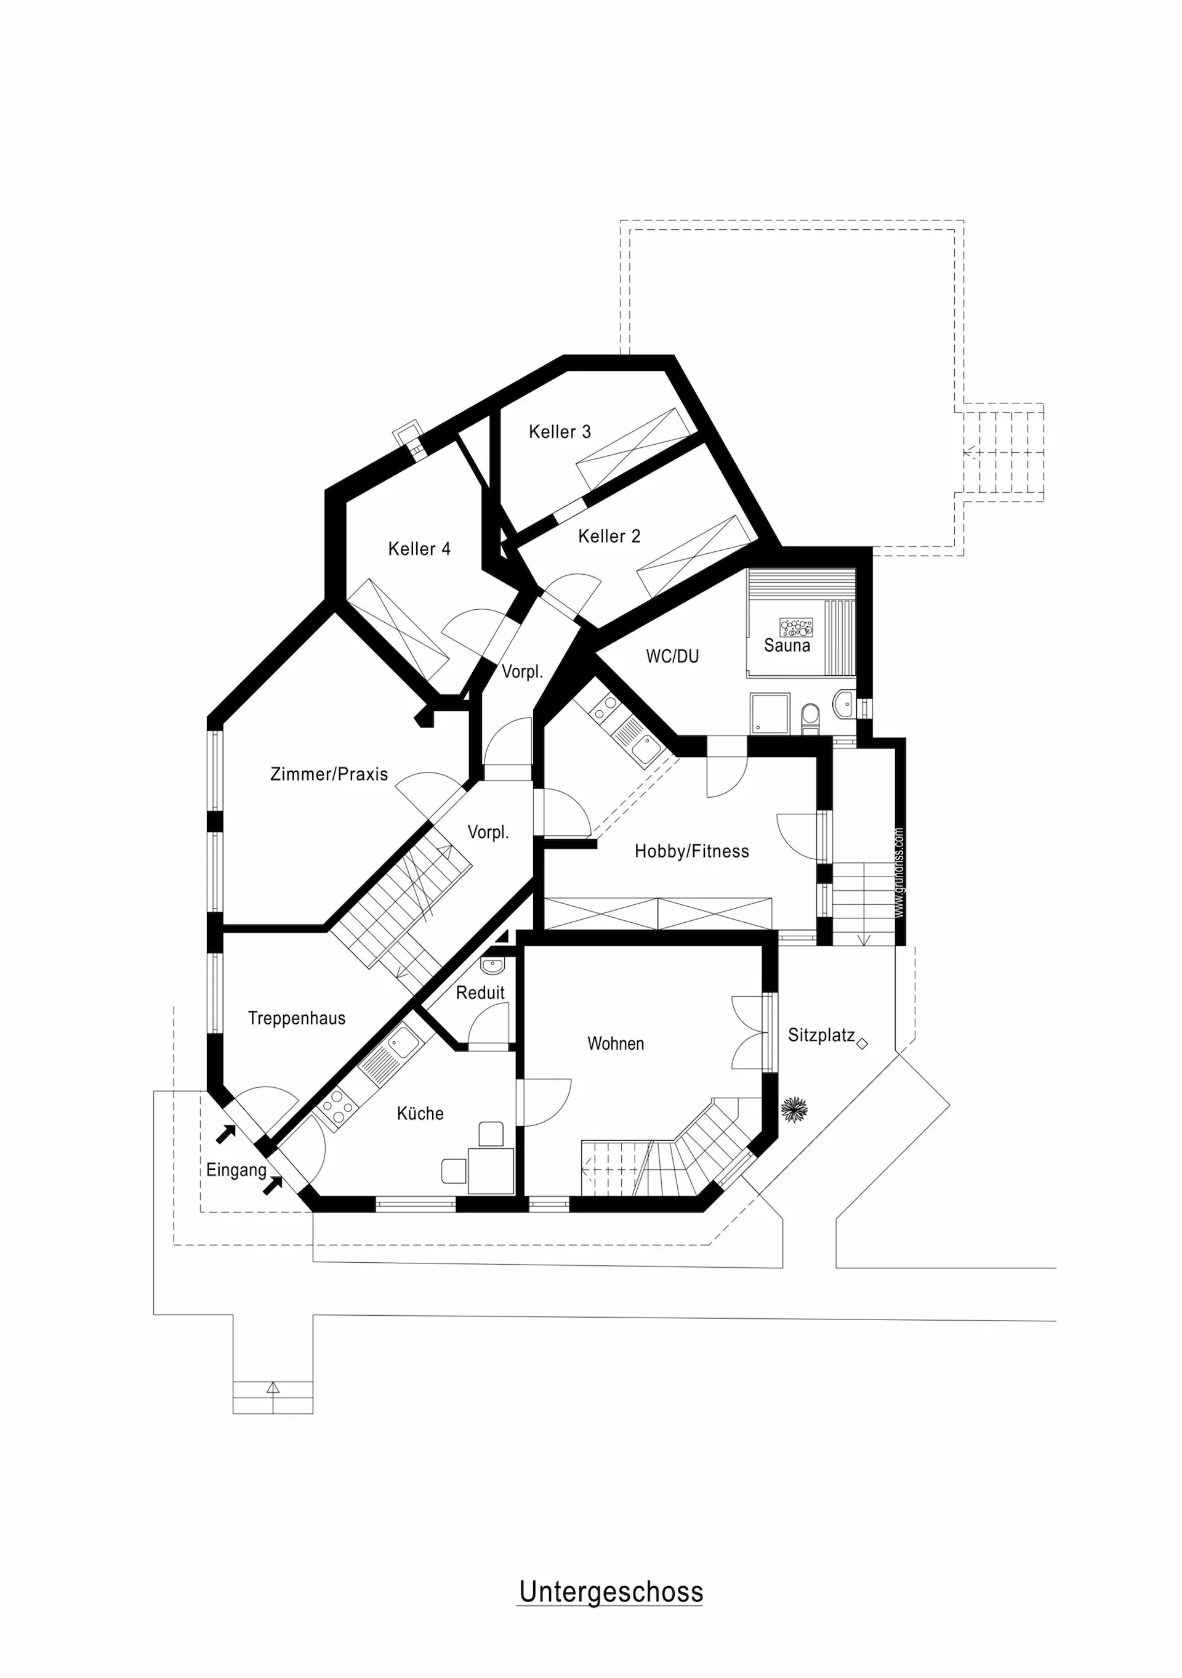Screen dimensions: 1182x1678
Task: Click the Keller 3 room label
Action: click(x=560, y=432)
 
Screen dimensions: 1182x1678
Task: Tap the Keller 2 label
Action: click(x=609, y=537)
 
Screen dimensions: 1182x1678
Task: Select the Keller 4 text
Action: click(x=419, y=549)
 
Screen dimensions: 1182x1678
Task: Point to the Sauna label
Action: click(x=787, y=646)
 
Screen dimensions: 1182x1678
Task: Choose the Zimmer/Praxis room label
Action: click(x=329, y=774)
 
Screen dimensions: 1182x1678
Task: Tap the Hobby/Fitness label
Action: click(x=692, y=851)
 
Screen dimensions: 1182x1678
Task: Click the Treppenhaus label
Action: click(x=297, y=1018)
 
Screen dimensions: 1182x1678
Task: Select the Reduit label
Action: click(x=480, y=992)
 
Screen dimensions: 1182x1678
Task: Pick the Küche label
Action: click(x=420, y=1113)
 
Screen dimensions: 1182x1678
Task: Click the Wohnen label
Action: click(x=616, y=1044)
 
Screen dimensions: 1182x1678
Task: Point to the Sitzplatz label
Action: click(x=821, y=1036)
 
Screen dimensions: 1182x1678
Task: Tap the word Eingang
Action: click(x=236, y=1170)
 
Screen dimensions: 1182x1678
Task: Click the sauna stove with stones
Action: click(x=796, y=627)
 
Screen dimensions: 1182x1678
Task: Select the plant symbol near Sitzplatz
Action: click(x=794, y=1109)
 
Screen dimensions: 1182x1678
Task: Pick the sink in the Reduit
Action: click(x=492, y=966)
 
